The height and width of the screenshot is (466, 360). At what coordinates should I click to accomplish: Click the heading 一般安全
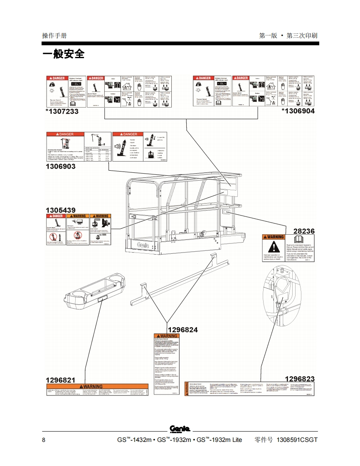[63, 54]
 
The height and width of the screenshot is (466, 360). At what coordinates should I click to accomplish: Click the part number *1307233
[62, 111]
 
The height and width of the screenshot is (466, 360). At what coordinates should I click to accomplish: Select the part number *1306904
[298, 111]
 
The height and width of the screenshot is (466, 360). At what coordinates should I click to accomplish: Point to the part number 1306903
[61, 166]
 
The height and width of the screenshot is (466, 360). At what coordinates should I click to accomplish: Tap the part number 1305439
[61, 210]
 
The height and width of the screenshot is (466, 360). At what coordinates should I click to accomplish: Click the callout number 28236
[304, 231]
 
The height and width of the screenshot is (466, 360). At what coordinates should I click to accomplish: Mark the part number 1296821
[61, 380]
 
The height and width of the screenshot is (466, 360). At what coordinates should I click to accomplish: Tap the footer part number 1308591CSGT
[297, 440]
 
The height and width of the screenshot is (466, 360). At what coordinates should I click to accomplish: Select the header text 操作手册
[54, 36]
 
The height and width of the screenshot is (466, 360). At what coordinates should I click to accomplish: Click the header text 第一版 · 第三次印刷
[288, 36]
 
